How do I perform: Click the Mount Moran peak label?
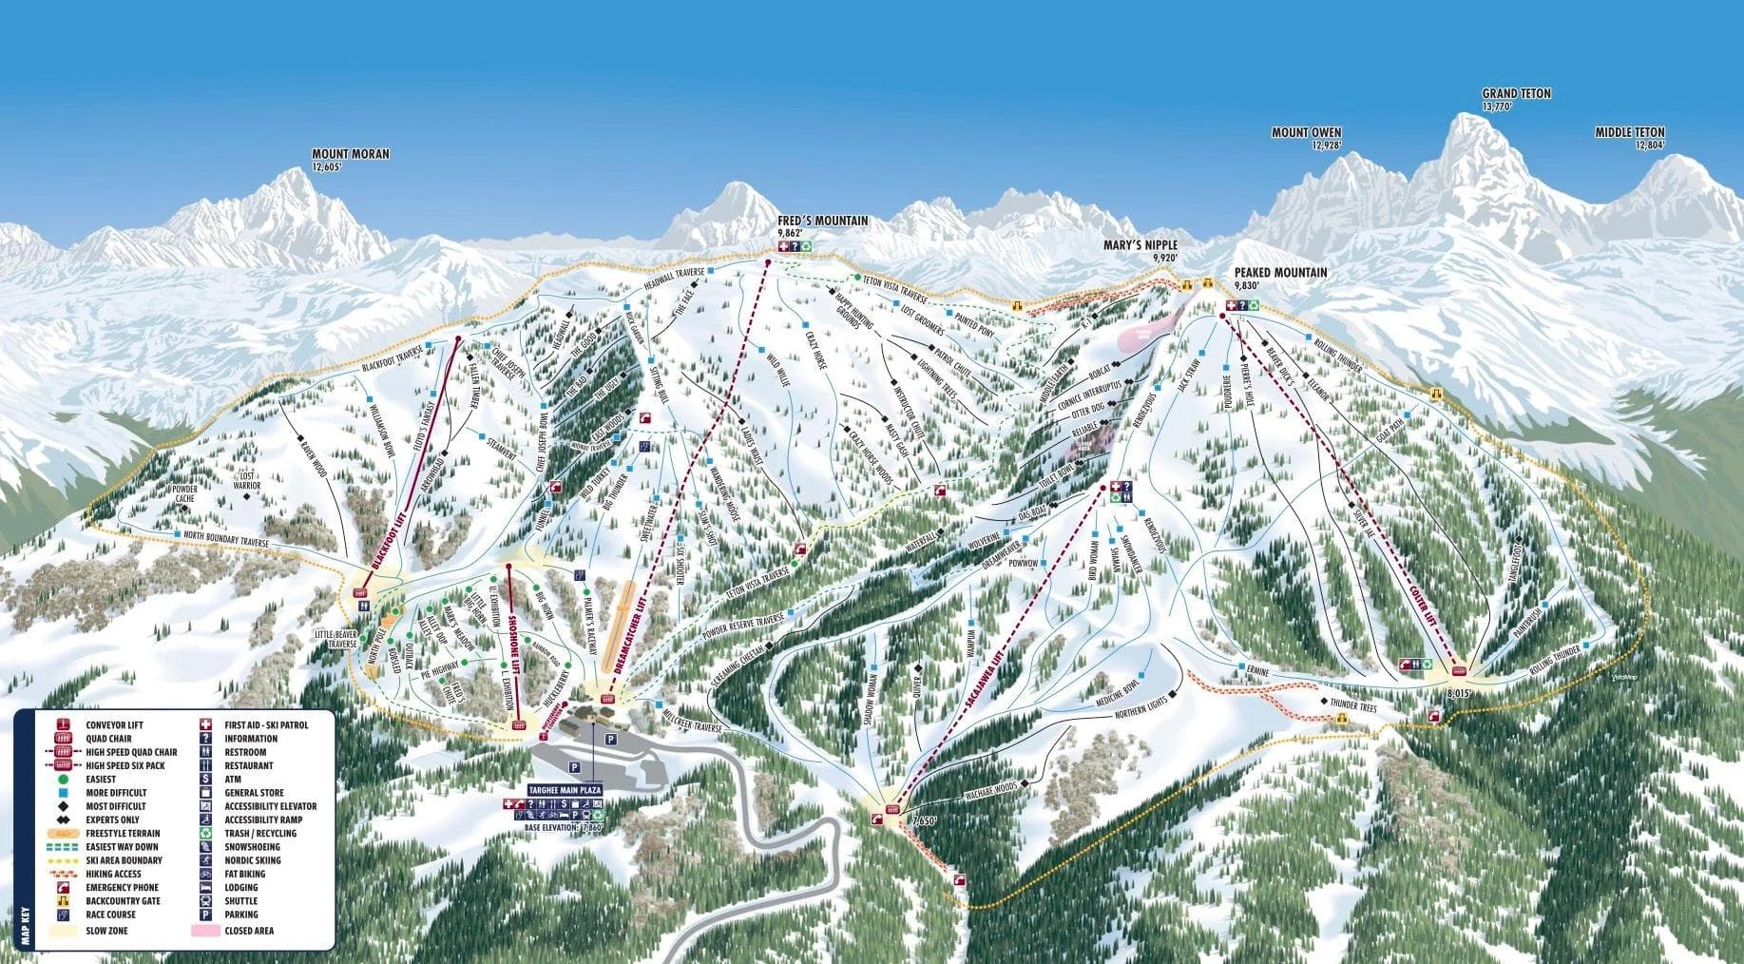click(x=350, y=154)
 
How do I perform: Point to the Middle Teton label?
click(x=1629, y=133)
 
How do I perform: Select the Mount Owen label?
click(x=1306, y=133)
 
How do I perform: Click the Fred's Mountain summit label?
click(x=822, y=221)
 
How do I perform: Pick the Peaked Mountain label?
click(x=1280, y=273)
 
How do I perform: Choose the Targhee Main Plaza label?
click(x=564, y=790)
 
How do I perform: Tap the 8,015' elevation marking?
click(x=1457, y=694)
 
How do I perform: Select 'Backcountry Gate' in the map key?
click(x=121, y=901)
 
